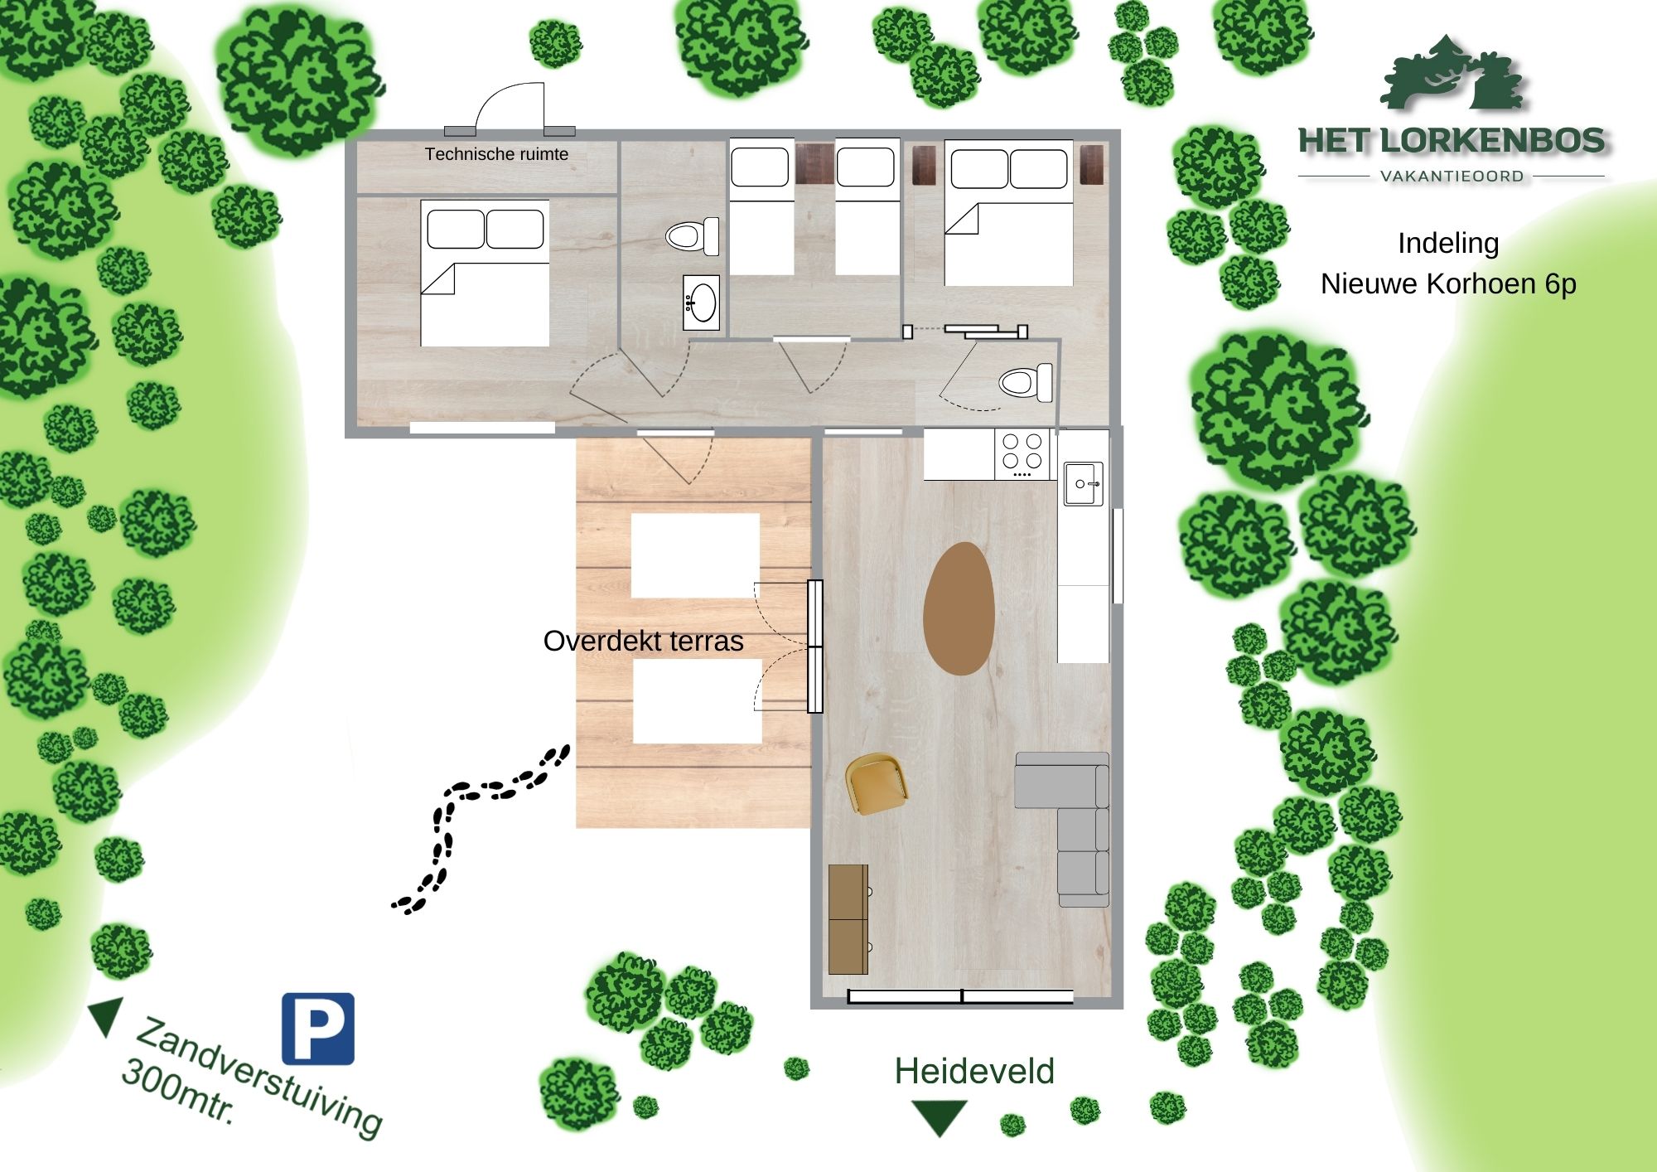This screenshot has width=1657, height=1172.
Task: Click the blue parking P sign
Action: click(318, 1029)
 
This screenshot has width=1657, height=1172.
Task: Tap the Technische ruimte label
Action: click(496, 154)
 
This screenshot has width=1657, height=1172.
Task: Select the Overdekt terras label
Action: click(643, 641)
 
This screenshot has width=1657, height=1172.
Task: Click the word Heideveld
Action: click(974, 1071)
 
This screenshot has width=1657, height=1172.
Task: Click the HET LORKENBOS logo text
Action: click(1452, 140)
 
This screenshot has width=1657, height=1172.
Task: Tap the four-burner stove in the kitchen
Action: click(1022, 453)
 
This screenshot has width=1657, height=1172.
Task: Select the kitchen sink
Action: click(1084, 483)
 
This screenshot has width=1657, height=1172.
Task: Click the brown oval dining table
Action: click(959, 608)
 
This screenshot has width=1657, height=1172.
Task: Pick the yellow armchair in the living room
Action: click(876, 782)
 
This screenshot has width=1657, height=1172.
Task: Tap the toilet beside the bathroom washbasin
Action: click(693, 236)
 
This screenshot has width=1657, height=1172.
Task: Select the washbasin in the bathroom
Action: click(701, 303)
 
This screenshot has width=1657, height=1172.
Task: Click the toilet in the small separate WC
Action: click(1026, 383)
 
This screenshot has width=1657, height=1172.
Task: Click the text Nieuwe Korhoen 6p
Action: click(1448, 283)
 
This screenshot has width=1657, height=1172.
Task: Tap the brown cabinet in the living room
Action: click(848, 919)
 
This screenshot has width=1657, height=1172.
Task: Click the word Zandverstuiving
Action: click(258, 1076)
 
